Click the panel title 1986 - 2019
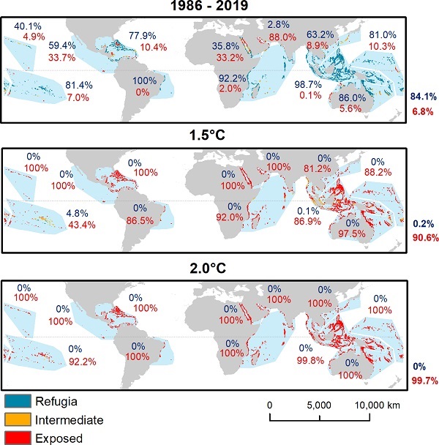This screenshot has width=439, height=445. (x=218, y=7)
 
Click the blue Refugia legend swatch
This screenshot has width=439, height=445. (x=18, y=401)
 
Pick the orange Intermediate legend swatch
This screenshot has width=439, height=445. (x=18, y=420)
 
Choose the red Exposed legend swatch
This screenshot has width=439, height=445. (x=18, y=438)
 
